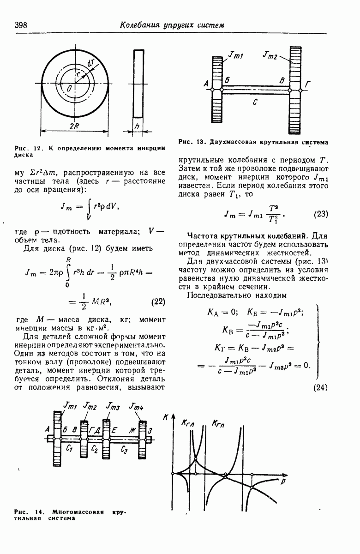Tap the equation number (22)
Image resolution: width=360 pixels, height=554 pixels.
tap(158, 303)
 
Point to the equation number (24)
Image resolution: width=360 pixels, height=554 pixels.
tap(320, 388)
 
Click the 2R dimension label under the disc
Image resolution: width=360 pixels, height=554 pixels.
tap(74, 126)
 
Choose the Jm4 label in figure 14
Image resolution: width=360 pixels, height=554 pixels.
tap(136, 407)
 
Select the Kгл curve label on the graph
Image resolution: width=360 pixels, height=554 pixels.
tap(188, 422)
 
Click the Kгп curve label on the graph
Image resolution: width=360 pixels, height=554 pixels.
tap(218, 423)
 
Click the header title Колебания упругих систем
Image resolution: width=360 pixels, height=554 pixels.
tap(172, 25)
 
